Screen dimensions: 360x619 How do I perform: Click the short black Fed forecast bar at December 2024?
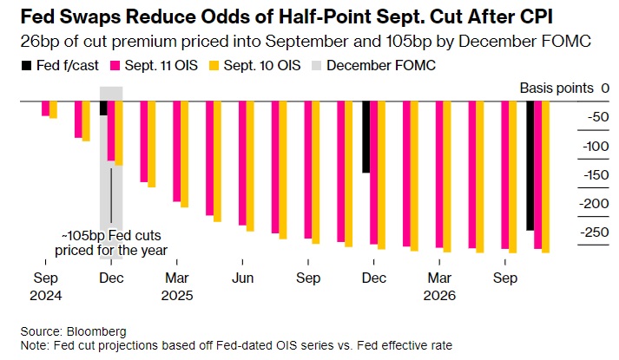pyautogui.click(x=103, y=108)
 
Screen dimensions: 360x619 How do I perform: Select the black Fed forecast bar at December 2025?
pyautogui.click(x=365, y=137)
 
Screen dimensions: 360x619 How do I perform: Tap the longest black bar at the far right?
pyautogui.click(x=530, y=165)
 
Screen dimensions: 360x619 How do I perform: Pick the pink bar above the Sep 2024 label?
pyautogui.click(x=45, y=108)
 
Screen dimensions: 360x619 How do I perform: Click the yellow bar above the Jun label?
pyautogui.click(x=250, y=167)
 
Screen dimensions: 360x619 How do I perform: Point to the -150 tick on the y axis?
pyautogui.click(x=595, y=174)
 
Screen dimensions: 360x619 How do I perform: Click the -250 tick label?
pyautogui.click(x=595, y=232)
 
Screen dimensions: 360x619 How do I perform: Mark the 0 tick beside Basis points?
pyautogui.click(x=604, y=88)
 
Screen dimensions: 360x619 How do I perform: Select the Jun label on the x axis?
pyautogui.click(x=242, y=278)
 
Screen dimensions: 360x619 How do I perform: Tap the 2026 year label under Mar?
pyautogui.click(x=439, y=294)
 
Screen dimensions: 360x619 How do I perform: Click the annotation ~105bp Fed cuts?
pyautogui.click(x=111, y=236)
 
